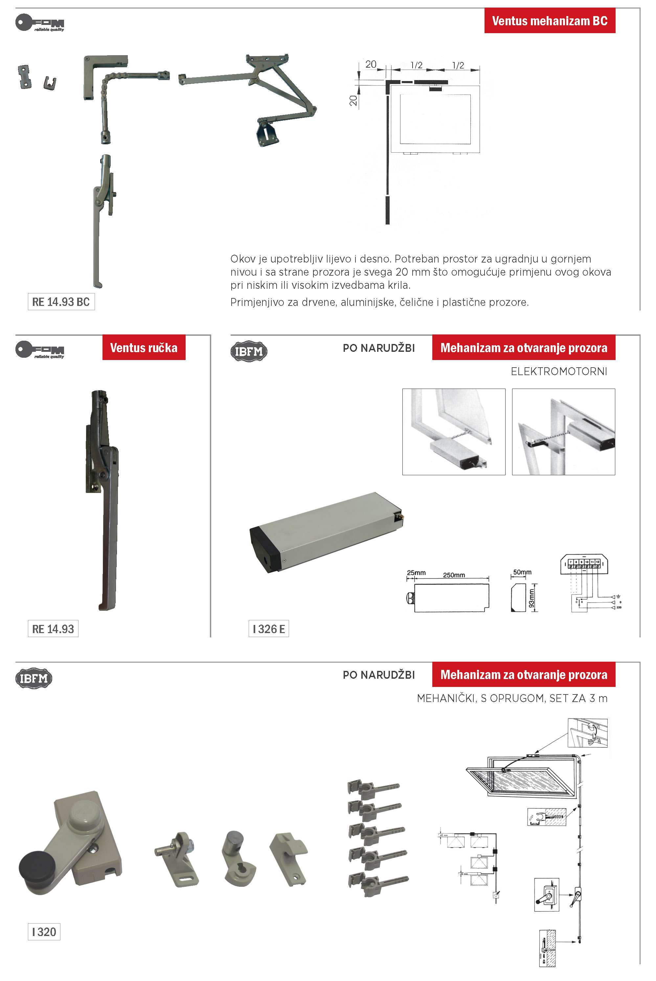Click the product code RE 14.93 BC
tap(61, 302)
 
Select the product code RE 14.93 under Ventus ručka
tap(53, 629)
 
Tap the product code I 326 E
tap(269, 629)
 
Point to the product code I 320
tap(44, 932)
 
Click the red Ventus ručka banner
tap(144, 348)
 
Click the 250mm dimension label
tap(454, 575)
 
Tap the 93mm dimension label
tap(531, 598)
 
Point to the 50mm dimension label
tap(522, 572)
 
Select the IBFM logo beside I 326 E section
tap(249, 351)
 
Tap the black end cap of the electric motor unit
tap(264, 548)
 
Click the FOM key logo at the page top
tap(40, 23)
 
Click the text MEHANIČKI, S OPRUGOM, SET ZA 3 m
tap(512, 698)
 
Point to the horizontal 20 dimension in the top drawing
tap(371, 64)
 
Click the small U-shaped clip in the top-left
tap(50, 83)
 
